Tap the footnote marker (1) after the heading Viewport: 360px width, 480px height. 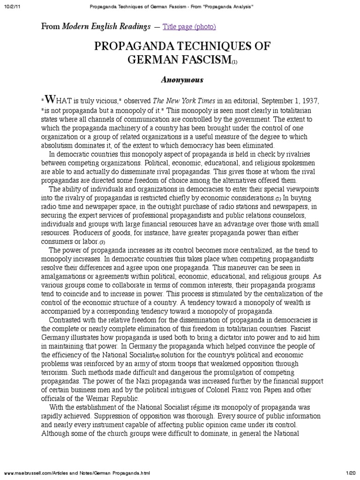click(x=234, y=62)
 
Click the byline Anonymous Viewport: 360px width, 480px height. click(x=182, y=80)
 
